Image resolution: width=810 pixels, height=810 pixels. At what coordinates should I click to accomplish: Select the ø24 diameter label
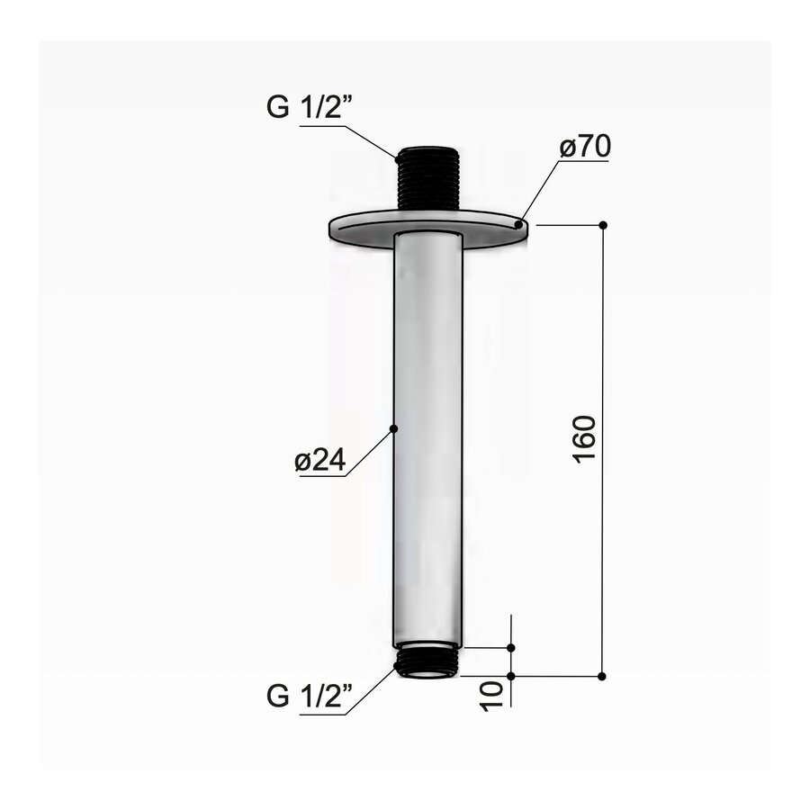pyautogui.click(x=320, y=461)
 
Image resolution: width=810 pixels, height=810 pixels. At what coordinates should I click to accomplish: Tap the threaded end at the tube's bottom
pyautogui.click(x=428, y=661)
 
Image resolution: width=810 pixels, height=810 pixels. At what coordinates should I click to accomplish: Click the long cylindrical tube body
pyautogui.click(x=428, y=432)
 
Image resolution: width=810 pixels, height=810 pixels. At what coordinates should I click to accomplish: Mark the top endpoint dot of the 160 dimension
pyautogui.click(x=603, y=224)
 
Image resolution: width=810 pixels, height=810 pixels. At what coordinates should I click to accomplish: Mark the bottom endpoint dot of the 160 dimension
pyautogui.click(x=603, y=675)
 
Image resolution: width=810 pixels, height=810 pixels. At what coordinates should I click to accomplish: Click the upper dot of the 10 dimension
pyautogui.click(x=511, y=647)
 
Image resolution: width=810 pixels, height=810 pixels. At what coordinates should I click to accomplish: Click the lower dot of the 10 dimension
pyautogui.click(x=511, y=675)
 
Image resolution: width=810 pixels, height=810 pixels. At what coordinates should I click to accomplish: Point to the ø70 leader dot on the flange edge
pyautogui.click(x=518, y=223)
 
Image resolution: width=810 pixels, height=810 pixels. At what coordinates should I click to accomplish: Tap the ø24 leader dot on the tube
pyautogui.click(x=393, y=429)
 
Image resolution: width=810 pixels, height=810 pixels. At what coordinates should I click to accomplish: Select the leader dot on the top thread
pyautogui.click(x=396, y=157)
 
